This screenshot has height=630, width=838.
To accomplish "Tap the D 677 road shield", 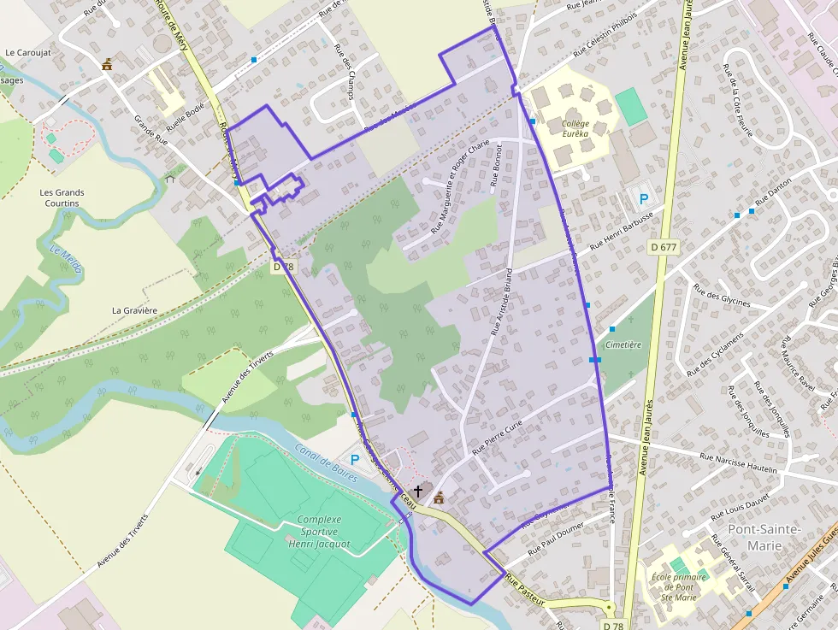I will [663, 247].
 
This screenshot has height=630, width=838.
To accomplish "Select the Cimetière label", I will [623, 344].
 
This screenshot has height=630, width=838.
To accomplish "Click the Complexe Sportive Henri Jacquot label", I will [319, 532].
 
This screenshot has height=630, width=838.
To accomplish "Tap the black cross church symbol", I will [418, 491].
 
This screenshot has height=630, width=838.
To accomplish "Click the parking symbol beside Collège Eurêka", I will [643, 199].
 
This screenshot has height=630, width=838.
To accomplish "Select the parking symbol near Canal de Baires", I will [355, 460].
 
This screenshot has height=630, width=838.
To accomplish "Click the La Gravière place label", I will [135, 310].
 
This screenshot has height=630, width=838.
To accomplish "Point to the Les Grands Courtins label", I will [62, 197].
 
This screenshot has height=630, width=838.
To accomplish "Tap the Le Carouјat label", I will [28, 52].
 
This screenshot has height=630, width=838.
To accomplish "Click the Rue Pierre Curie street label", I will [497, 437].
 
